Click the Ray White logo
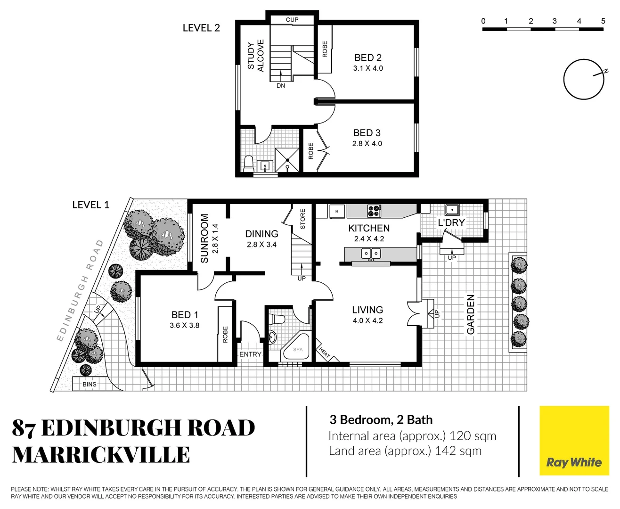[574, 441]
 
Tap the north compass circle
[583, 79]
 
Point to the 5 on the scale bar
[603, 21]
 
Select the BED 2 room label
[368, 57]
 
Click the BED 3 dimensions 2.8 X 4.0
[367, 144]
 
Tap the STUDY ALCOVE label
[256, 56]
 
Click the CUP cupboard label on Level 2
[292, 20]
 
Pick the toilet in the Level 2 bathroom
[248, 164]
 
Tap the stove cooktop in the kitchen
[374, 211]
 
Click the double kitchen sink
[371, 254]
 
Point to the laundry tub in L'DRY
[452, 209]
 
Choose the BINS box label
[90, 384]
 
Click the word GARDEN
[471, 315]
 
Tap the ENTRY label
[250, 354]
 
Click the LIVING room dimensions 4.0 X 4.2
[367, 321]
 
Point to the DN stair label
[281, 86]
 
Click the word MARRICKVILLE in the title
[101, 455]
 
